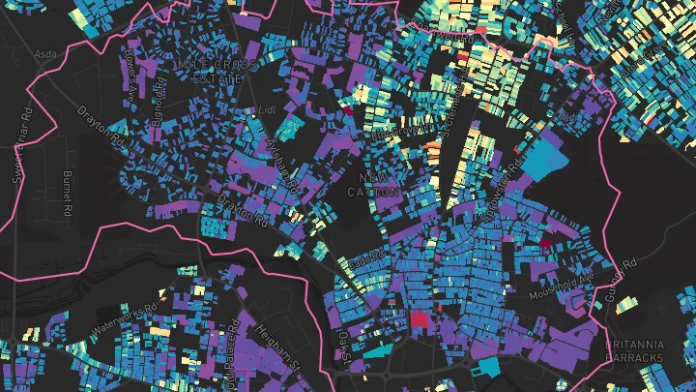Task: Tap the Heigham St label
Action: click(277, 348)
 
